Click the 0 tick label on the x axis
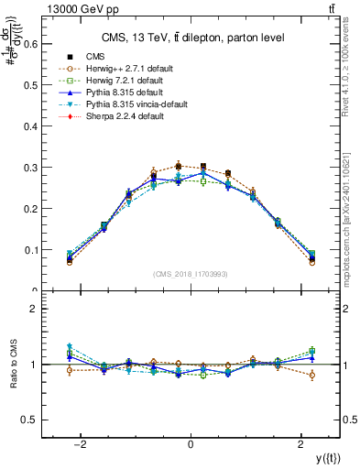(x=190, y=444)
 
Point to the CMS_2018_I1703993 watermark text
(x=191, y=274)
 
